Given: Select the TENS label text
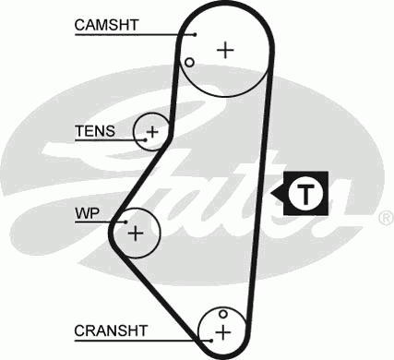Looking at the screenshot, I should tap(95, 131).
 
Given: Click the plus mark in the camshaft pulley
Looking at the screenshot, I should tap(224, 50).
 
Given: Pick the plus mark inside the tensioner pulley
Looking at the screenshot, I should tap(153, 131).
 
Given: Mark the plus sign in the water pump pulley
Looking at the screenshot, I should tap(136, 232).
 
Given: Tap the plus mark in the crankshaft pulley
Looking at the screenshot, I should tap(222, 330).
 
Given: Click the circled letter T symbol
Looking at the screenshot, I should tap(304, 193).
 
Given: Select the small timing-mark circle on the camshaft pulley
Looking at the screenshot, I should tap(188, 63).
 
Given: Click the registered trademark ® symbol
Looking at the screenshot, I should tap(385, 219).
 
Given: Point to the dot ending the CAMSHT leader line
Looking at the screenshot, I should tap(196, 35).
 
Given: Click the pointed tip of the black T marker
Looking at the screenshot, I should tap(273, 193).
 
